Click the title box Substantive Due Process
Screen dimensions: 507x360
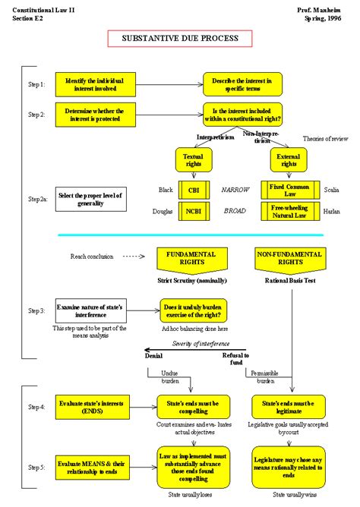180,38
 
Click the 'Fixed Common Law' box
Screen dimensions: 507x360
287,190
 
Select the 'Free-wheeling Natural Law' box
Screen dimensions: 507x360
287,210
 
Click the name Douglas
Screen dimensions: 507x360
163,211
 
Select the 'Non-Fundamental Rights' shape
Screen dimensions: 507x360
287,258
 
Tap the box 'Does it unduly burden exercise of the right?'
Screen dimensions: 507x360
193,310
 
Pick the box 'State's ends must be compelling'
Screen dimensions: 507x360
193,406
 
